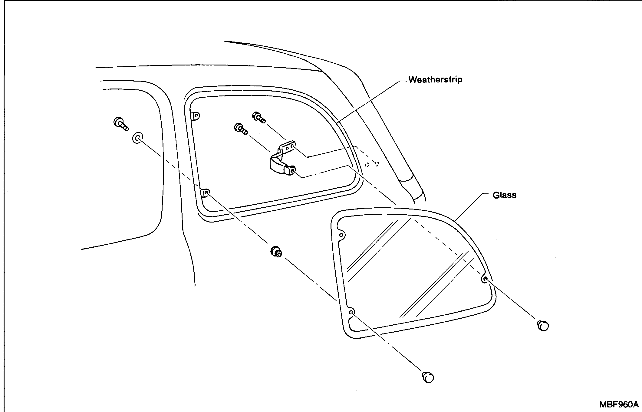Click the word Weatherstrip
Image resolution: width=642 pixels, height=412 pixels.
coord(435,80)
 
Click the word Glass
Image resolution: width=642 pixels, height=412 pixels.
coord(505,195)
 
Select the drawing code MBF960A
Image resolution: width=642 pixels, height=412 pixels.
coord(618,404)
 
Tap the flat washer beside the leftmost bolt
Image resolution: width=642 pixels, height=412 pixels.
coord(138,138)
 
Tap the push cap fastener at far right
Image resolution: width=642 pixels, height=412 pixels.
coord(543,326)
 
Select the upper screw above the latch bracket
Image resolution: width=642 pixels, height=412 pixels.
coord(259,117)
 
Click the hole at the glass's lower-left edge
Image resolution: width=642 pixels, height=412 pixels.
coord(351,313)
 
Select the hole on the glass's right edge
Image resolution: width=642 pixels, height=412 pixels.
coord(485,279)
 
